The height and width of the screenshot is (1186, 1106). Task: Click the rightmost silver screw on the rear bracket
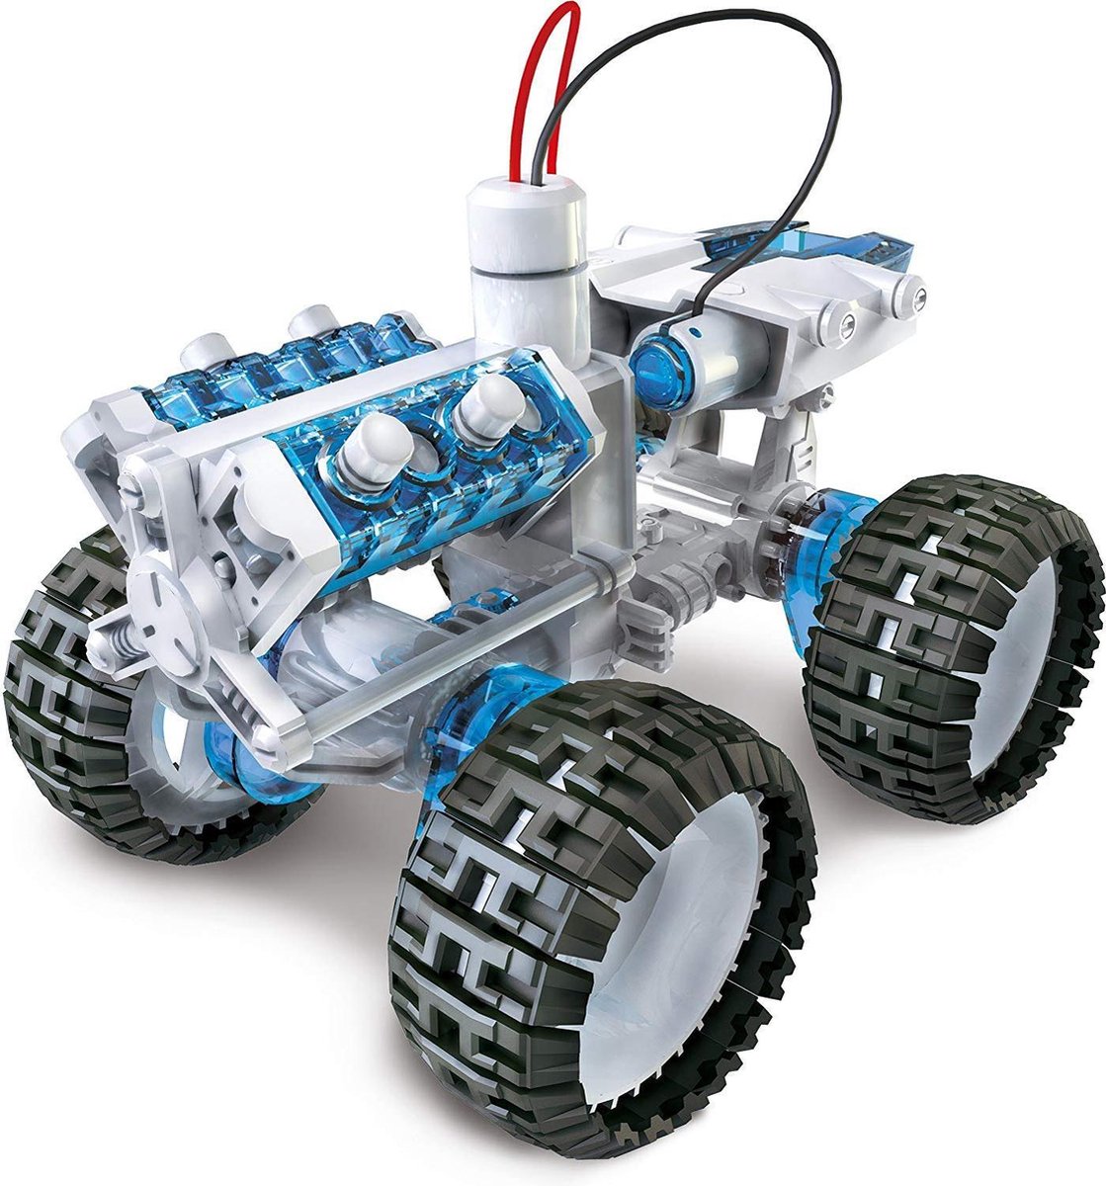918,297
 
